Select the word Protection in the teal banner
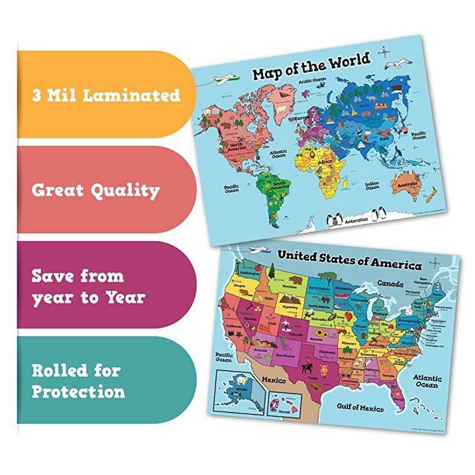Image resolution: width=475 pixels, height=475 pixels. click(x=78, y=392)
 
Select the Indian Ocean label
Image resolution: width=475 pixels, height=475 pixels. click(x=372, y=186)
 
